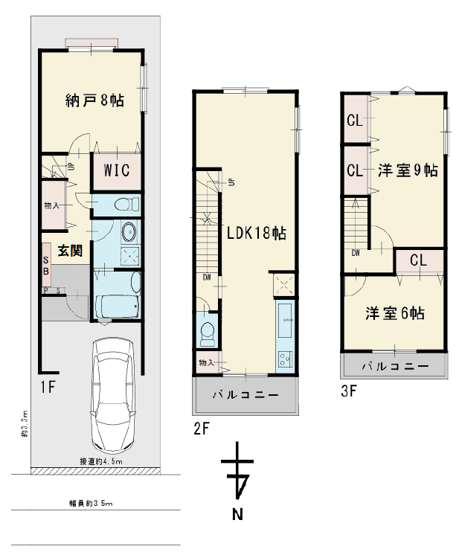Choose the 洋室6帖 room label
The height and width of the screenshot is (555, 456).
(395, 313)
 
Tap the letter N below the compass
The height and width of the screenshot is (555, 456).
(237, 513)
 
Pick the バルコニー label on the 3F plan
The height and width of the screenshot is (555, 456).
(395, 366)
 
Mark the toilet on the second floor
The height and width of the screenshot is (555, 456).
(207, 332)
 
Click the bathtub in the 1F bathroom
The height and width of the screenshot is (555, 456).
(117, 307)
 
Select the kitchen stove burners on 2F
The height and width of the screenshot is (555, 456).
(285, 359)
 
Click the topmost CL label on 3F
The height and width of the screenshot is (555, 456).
(354, 119)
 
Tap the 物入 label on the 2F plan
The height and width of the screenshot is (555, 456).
(205, 362)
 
